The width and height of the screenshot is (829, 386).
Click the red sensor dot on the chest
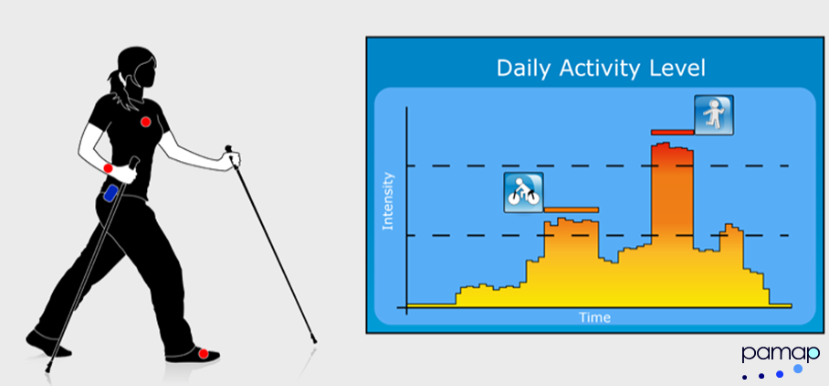pos(145,122)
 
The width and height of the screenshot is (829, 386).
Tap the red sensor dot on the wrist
pos(109,168)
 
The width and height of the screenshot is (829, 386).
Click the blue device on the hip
pos(110,193)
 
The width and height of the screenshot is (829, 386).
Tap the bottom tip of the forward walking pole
pos(315,341)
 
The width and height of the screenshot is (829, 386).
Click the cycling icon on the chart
pos(523,193)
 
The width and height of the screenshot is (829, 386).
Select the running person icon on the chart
pos(714,115)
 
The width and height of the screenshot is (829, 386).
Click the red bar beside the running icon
pos(673,132)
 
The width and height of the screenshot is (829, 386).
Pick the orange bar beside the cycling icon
pos(571,209)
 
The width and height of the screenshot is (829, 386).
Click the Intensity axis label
pos(389,200)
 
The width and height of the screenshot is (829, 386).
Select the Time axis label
pos(594,317)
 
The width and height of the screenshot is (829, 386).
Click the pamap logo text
pos(781,354)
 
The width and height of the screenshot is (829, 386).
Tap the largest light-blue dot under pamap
pos(798,369)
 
